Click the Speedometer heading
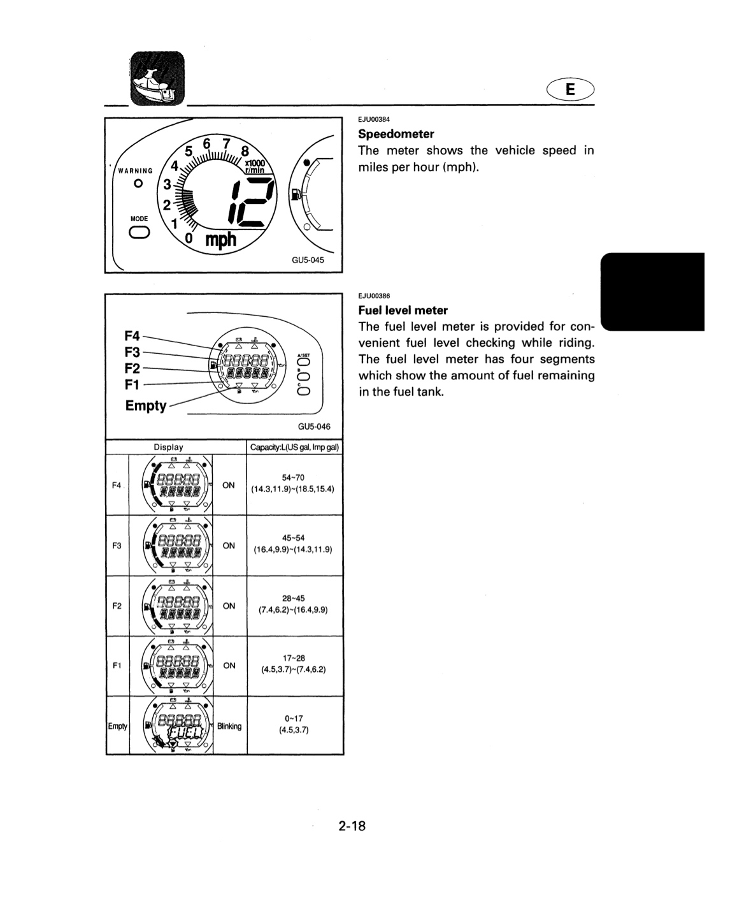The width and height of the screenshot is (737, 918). coord(396,134)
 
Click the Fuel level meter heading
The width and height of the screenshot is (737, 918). coord(403,310)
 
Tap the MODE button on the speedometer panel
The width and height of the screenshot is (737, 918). coord(139,233)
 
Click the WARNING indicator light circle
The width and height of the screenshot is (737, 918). coord(138,184)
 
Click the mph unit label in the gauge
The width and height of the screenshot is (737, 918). coord(221,239)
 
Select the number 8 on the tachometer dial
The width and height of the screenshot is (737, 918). coord(245,151)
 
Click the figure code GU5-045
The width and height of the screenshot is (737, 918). coord(308,260)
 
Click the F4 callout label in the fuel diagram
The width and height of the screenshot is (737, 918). coord(132,336)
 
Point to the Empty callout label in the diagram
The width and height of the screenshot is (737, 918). coord(146,405)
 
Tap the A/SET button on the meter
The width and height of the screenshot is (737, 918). coord(304,363)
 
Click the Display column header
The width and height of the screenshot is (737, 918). coord(168,447)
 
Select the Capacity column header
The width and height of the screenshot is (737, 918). coord(294,447)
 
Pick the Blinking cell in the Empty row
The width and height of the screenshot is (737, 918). coord(229,726)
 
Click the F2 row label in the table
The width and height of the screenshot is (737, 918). coord(117,606)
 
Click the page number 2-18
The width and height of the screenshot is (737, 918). coord(352,826)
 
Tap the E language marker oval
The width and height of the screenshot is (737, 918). coord(570,89)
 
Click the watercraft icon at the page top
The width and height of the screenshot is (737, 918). coord(157,78)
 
